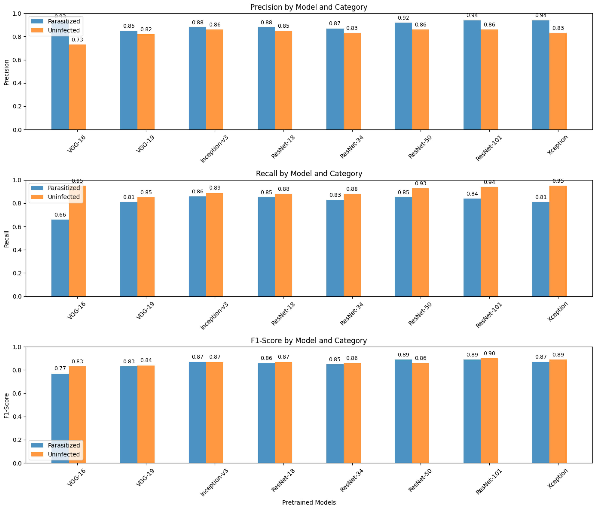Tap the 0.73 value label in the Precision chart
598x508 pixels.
click(x=77, y=40)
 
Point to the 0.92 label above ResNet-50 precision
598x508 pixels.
click(x=403, y=18)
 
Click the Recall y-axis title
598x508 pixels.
click(x=6, y=239)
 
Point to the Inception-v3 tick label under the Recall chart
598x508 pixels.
click(x=214, y=316)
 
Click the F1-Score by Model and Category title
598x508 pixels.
click(x=308, y=340)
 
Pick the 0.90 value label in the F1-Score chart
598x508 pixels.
click(x=489, y=353)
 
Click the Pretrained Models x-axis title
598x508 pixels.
click(x=308, y=502)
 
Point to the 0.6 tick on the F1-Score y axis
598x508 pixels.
click(x=17, y=393)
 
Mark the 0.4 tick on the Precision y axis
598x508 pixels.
click(x=17, y=83)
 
